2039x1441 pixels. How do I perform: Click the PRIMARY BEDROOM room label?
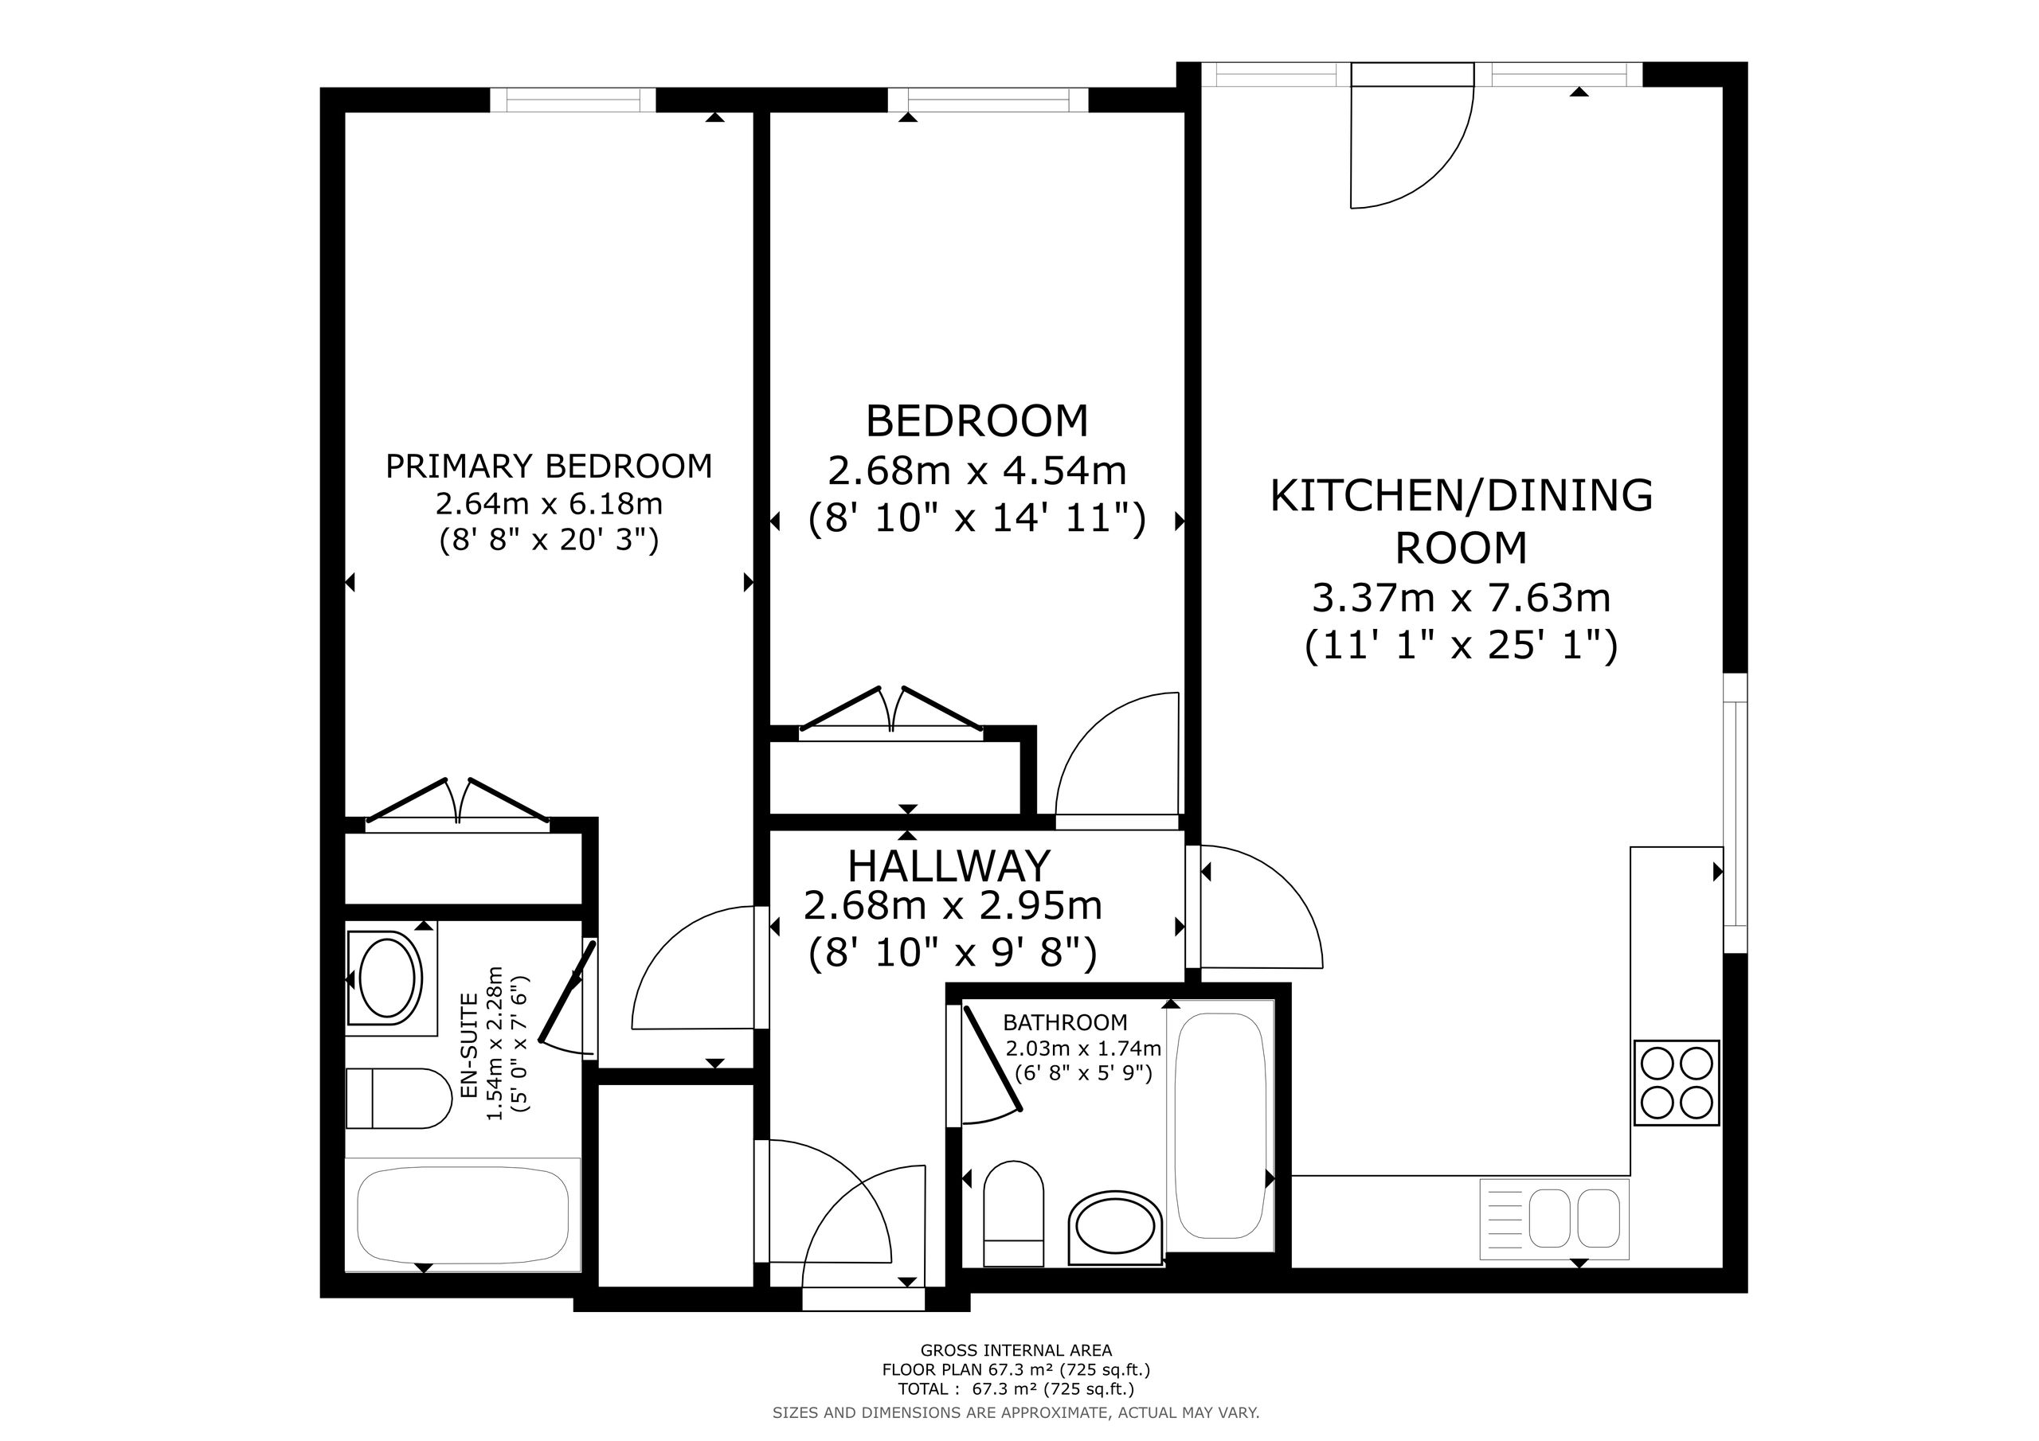coord(549,466)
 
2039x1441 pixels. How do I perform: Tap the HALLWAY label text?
coord(949,865)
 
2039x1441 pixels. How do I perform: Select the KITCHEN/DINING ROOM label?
coord(1462,521)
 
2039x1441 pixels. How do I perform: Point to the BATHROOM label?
coord(1065,1023)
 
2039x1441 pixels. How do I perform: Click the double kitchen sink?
coord(1554,1218)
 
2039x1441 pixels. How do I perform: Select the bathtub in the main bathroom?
coord(1219,1126)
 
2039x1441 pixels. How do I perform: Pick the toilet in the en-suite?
coord(399,1099)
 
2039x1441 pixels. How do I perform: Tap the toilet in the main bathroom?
coord(1013,1213)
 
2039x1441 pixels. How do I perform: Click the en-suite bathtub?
coord(463,1215)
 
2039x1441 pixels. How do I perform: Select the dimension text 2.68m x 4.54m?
coord(976,471)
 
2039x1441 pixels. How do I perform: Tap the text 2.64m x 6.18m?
coord(549,503)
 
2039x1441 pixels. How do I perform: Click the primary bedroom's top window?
coord(573,100)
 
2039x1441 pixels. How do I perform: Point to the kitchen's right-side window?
coord(1736,814)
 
